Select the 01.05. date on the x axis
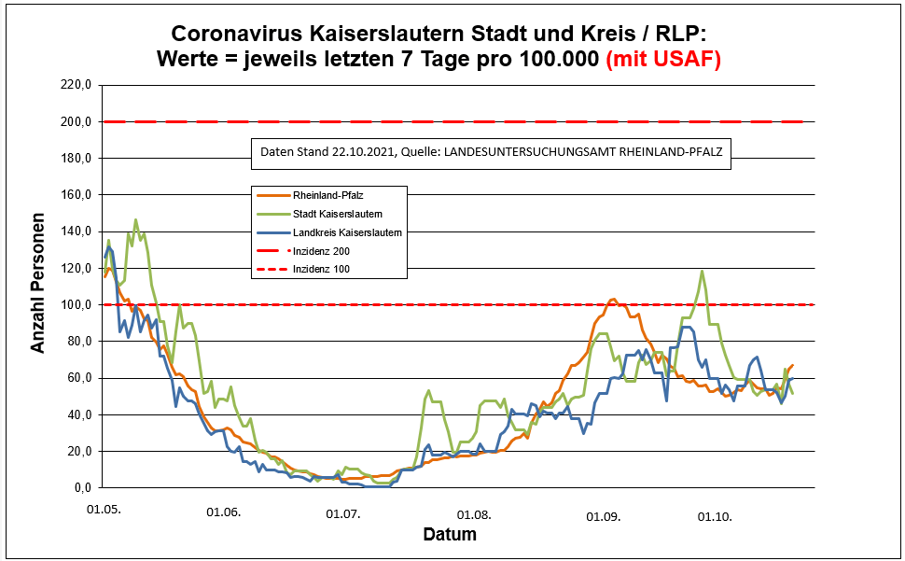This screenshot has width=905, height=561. (104, 512)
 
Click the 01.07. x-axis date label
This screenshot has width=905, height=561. (342, 512)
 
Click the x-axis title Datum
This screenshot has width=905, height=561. (450, 535)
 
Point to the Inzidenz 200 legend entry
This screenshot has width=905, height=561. (322, 251)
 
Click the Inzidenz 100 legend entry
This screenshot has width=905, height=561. (322, 270)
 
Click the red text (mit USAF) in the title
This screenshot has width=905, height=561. (663, 60)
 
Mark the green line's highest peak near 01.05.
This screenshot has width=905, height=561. (136, 220)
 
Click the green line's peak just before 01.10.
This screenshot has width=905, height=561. (702, 272)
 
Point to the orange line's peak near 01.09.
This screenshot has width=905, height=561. (613, 299)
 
